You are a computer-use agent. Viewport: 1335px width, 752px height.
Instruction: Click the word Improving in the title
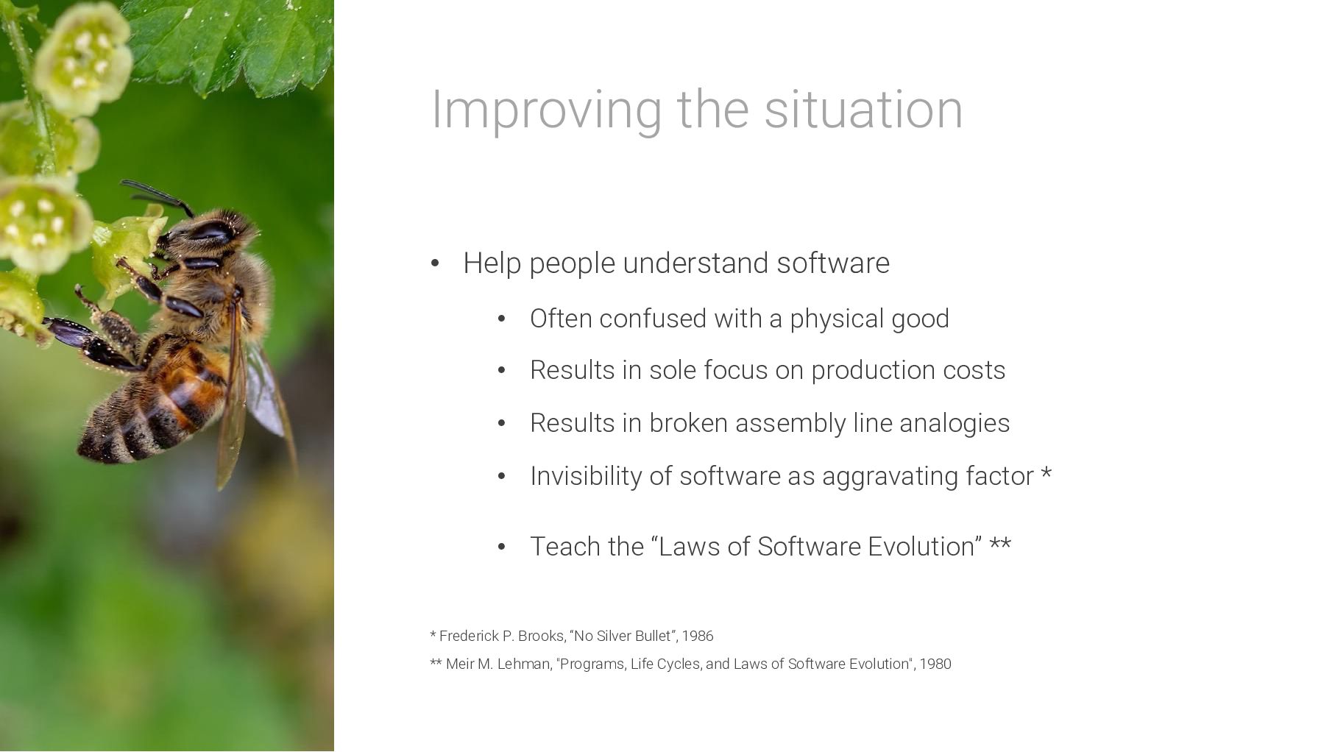pos(546,110)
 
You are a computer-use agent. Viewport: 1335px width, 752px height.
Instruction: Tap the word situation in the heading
pos(863,109)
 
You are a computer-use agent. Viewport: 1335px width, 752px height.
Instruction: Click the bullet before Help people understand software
pos(435,263)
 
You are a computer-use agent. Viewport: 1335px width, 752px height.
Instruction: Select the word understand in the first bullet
pos(695,263)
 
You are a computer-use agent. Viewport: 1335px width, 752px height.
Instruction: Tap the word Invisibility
pos(586,476)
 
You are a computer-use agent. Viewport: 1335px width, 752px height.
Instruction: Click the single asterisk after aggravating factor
pos(1046,472)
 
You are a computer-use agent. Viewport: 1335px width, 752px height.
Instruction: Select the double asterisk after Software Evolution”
pos(1000,543)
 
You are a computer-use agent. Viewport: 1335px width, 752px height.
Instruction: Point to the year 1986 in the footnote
pos(698,636)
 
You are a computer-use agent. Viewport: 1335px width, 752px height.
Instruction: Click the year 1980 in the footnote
pos(935,664)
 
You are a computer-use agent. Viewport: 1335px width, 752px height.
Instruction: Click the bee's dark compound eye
pos(208,232)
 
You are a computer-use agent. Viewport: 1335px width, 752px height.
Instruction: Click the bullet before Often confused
pos(502,319)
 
